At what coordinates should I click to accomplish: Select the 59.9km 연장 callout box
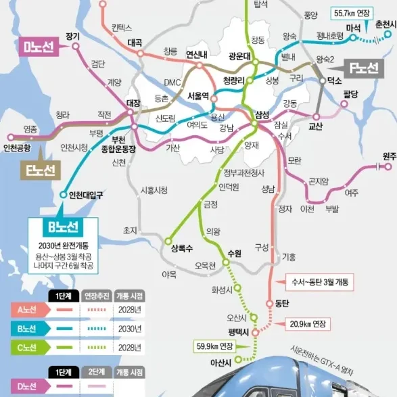[x=213, y=347]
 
